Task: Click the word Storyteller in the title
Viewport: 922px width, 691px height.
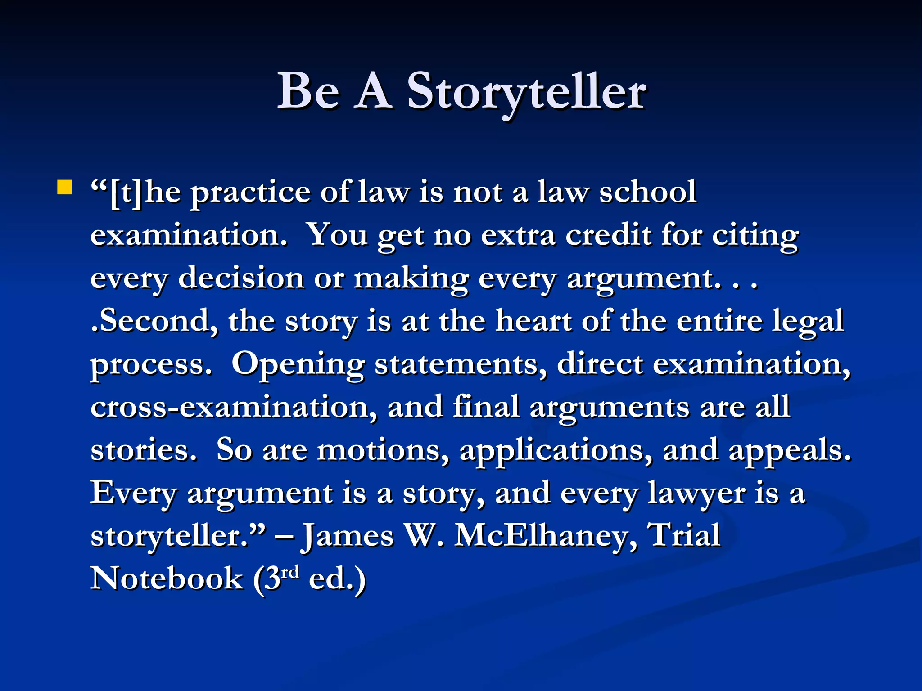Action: tap(527, 92)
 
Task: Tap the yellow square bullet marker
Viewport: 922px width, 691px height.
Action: tap(65, 188)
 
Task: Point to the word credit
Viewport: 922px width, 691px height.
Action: tap(608, 235)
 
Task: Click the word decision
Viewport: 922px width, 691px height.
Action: tap(241, 278)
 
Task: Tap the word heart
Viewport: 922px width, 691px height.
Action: tap(533, 321)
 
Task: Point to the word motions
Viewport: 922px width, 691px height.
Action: tap(383, 450)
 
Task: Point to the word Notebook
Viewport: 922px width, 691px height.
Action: tap(167, 579)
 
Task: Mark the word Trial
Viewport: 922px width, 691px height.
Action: tap(684, 535)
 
